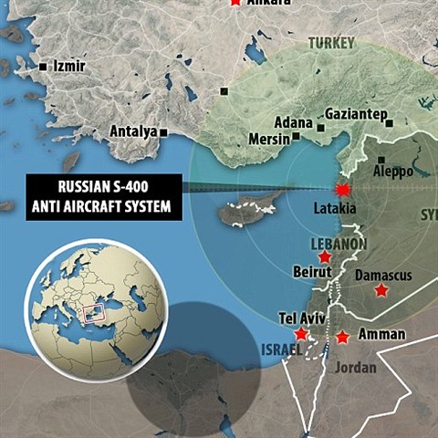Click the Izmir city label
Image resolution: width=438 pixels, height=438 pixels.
[x=70, y=68]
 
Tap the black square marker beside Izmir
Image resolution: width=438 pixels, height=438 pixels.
[x=44, y=68]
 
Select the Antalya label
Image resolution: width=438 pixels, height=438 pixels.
[x=133, y=131]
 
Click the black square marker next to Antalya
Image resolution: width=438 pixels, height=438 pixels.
[x=163, y=132]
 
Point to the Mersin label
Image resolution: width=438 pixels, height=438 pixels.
[x=268, y=140]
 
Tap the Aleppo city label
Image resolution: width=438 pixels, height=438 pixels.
[x=393, y=171]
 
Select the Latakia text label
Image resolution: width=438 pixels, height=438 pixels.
[x=336, y=209]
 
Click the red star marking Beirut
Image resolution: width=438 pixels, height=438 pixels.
[x=324, y=258]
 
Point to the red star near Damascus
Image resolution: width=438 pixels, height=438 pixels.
[x=381, y=289]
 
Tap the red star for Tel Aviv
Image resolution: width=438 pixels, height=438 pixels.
[x=301, y=334]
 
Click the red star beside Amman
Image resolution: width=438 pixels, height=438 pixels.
[x=342, y=337]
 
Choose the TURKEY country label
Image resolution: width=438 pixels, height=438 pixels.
[x=331, y=43]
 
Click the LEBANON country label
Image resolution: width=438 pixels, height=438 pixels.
[x=339, y=244]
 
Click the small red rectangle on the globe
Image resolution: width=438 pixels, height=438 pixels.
[x=91, y=313]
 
